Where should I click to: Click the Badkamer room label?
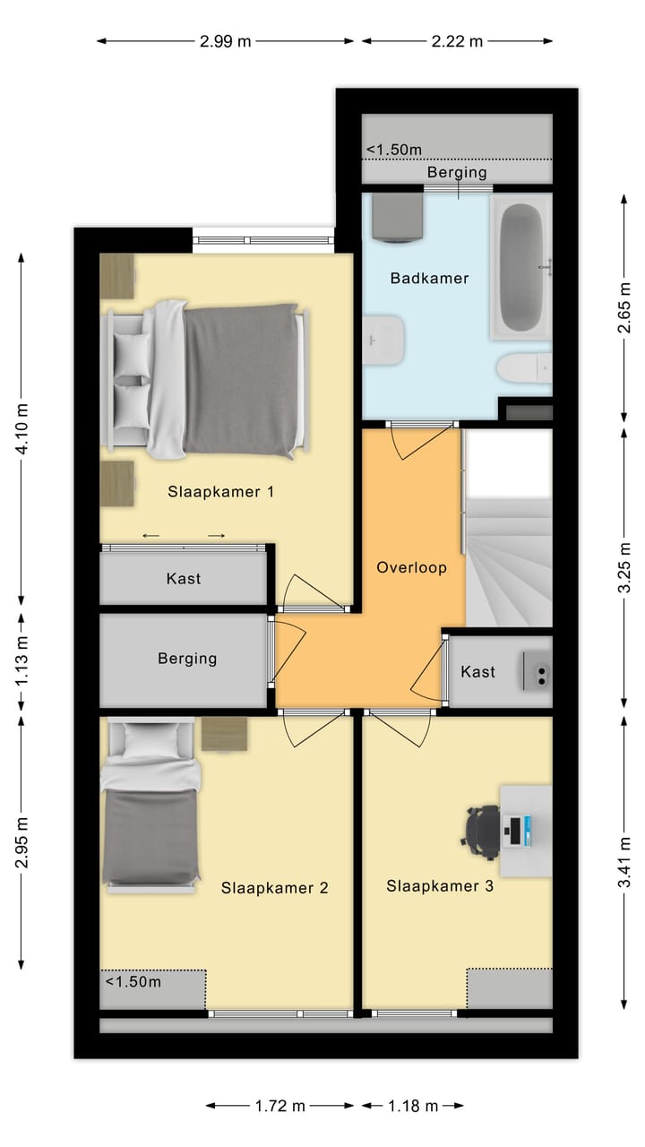429,279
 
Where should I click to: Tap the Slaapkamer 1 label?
220,491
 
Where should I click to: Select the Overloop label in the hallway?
411,567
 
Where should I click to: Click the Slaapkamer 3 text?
440,886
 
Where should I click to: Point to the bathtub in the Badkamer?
520,270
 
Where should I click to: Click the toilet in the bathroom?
524,367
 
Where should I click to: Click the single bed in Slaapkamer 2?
149,806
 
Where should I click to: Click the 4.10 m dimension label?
22,427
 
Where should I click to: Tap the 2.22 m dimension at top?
457,40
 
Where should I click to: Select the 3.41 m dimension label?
624,862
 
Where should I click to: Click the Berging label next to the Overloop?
187,659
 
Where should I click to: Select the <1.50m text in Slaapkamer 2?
133,981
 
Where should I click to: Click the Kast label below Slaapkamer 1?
184,579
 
